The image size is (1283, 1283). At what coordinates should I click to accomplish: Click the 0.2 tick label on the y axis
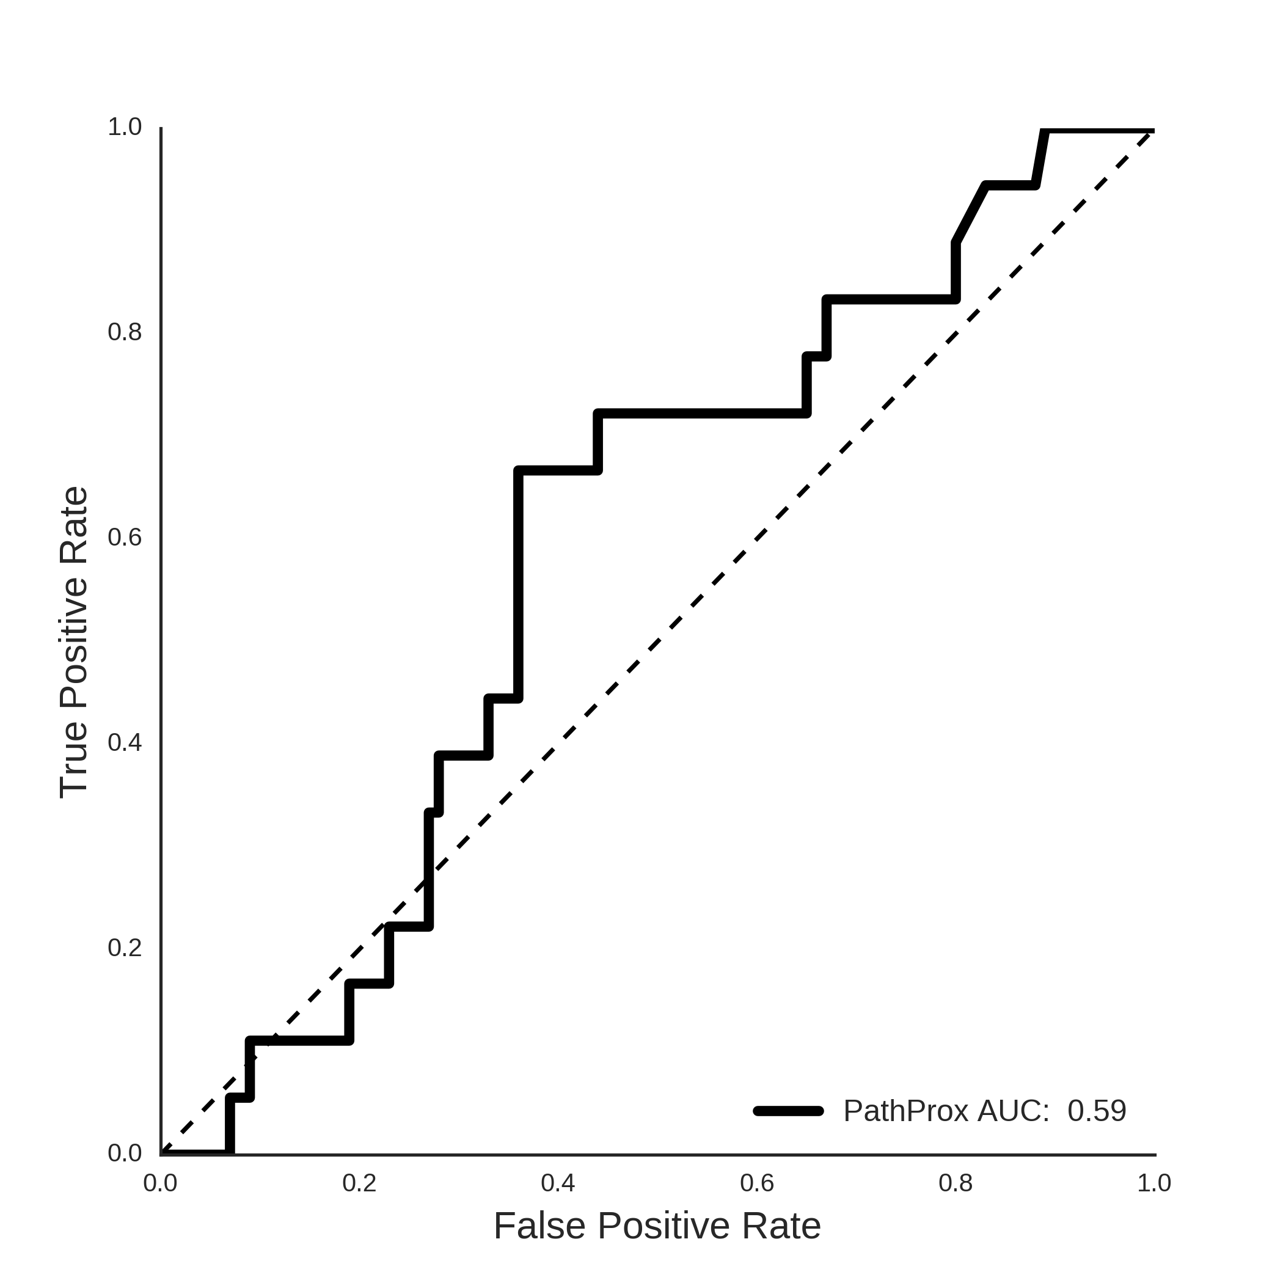(x=125, y=948)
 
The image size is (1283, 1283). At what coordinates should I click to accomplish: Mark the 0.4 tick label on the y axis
(x=125, y=743)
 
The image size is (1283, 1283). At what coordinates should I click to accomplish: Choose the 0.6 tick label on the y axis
(x=125, y=538)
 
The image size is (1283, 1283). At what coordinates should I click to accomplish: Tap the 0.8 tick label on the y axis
(x=125, y=332)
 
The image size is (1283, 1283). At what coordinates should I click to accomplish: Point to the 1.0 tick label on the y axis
(x=125, y=127)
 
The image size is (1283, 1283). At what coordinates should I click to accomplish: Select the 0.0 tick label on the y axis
(x=125, y=1153)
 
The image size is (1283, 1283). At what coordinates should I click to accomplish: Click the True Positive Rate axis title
(x=74, y=642)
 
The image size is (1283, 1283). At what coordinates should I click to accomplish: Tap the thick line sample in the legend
(x=789, y=1111)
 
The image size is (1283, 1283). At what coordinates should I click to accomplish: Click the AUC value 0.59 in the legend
(x=1097, y=1111)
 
